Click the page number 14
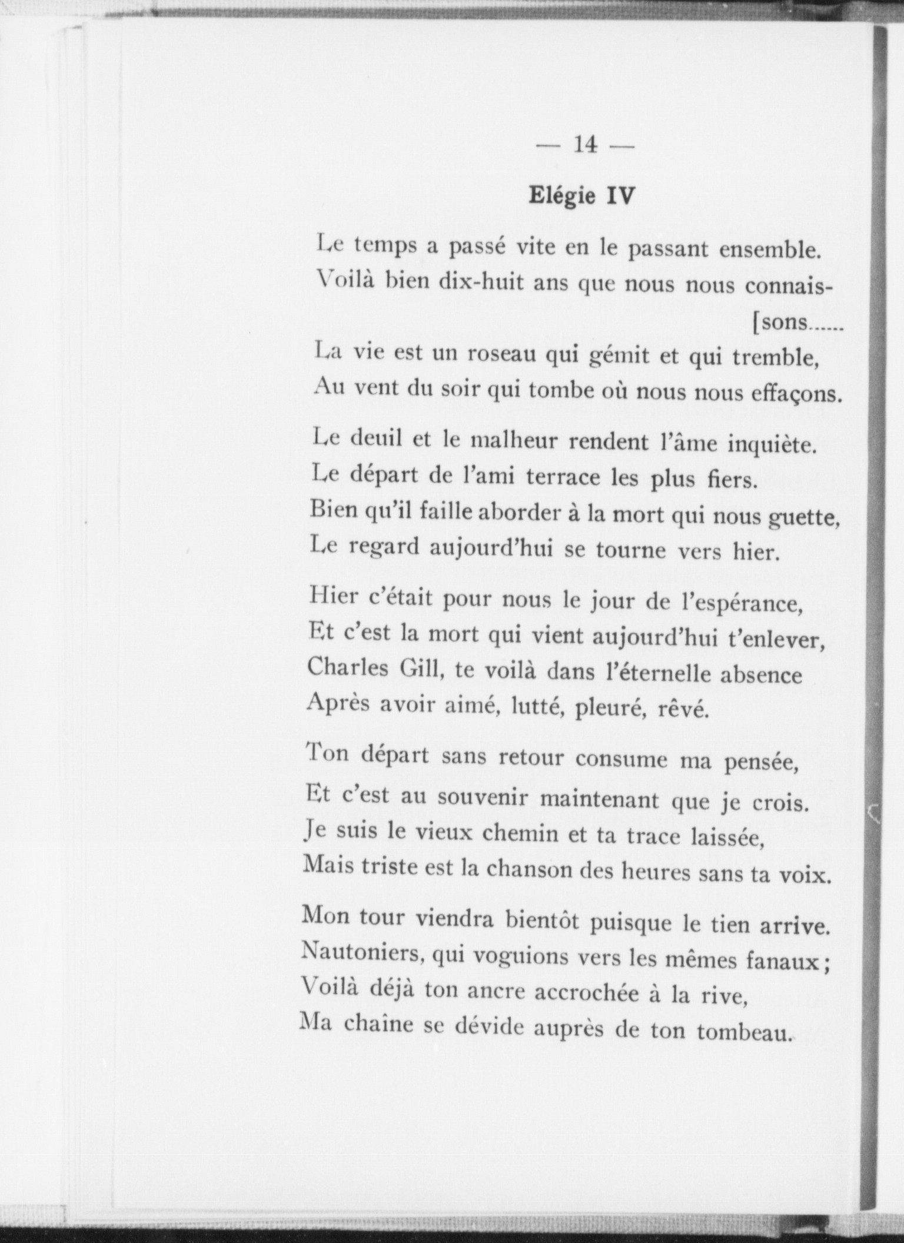[585, 145]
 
